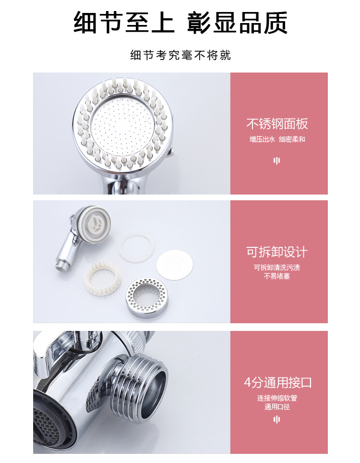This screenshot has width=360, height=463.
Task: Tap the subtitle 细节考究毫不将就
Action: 180,55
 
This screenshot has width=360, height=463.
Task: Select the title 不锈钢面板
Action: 277,124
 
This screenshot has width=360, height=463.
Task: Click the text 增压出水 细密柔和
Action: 277,139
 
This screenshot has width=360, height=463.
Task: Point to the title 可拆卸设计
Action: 277,252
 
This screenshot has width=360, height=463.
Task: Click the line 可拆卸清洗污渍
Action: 277,268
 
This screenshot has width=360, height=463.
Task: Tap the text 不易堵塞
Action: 277,276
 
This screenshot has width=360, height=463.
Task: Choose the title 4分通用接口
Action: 278,383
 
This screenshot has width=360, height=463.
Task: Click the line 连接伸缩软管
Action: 277,398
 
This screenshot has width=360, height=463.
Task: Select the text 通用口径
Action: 277,407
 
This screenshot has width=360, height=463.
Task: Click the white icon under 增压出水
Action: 276,160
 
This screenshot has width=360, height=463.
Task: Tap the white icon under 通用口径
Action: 276,419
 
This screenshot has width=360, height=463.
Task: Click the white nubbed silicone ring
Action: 102,279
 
